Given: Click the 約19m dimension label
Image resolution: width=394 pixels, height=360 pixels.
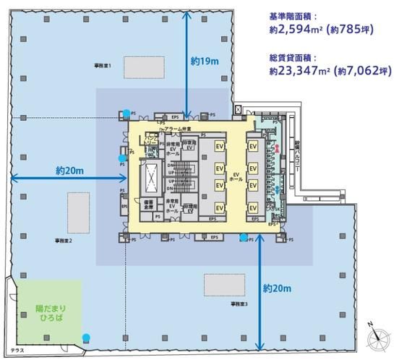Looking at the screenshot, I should click(x=204, y=62).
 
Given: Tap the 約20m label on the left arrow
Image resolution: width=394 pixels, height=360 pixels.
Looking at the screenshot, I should click(x=70, y=171).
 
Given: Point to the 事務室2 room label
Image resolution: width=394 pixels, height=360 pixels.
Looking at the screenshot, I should click(x=62, y=241).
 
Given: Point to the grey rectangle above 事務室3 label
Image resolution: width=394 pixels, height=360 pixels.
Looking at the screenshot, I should click(x=223, y=284).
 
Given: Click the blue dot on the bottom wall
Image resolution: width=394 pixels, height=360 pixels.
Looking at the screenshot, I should click(x=87, y=337).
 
